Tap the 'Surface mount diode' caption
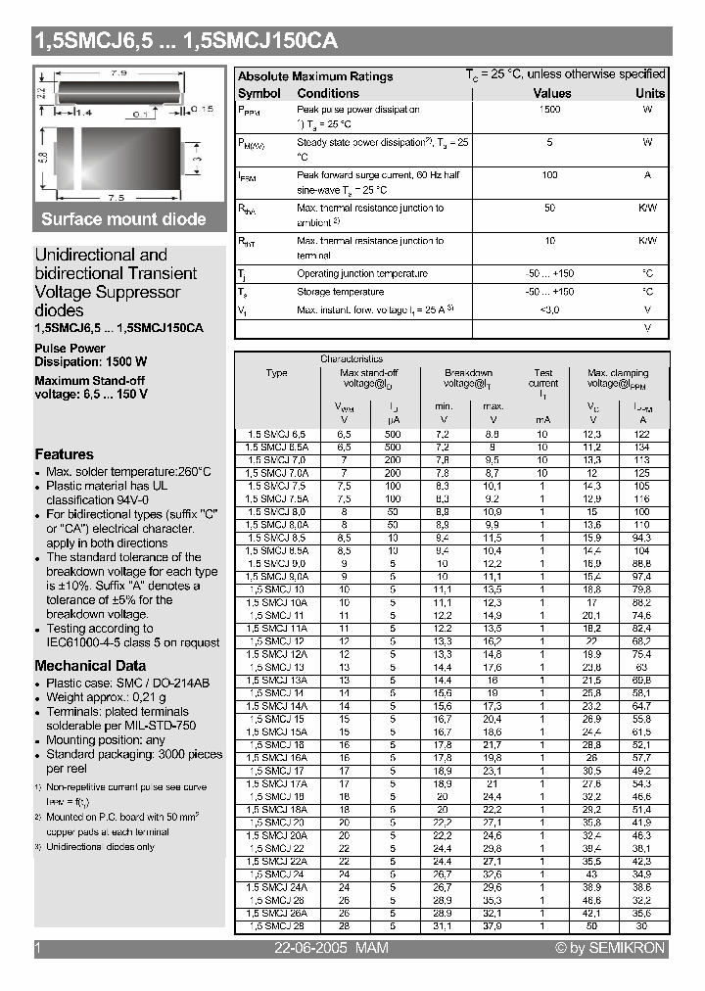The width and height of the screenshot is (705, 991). click(x=123, y=219)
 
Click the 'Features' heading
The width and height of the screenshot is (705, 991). click(x=65, y=454)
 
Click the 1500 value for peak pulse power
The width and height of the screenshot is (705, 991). click(x=549, y=110)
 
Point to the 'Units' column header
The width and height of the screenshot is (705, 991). click(x=650, y=93)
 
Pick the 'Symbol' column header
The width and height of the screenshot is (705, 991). click(x=258, y=93)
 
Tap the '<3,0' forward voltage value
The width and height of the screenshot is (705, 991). click(x=549, y=309)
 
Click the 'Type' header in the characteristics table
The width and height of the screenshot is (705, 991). click(x=277, y=373)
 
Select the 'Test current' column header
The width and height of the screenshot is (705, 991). click(x=543, y=378)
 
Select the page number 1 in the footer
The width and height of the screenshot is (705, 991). click(x=37, y=948)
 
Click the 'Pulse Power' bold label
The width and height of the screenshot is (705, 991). click(x=70, y=349)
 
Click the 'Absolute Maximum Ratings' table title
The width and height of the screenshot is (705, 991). click(x=315, y=76)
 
